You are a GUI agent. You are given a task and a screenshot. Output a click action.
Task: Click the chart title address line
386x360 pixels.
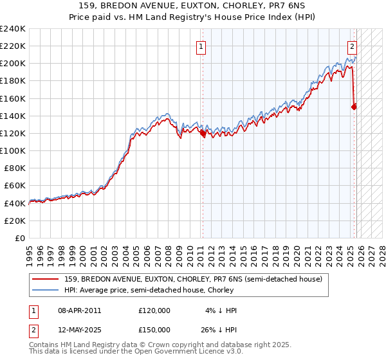[192, 5]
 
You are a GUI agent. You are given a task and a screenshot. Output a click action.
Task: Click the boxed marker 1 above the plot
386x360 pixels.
[201, 46]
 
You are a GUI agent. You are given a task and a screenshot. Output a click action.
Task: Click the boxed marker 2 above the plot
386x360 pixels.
[353, 46]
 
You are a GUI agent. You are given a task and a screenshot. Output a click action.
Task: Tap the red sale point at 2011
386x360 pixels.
[203, 134]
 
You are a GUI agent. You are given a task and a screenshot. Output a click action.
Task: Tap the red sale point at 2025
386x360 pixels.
[354, 107]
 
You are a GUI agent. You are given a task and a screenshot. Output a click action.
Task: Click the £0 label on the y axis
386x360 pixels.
[20, 238]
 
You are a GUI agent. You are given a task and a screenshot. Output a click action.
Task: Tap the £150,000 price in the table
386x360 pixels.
[154, 330]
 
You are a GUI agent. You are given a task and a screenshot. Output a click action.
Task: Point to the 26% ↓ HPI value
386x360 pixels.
[218, 330]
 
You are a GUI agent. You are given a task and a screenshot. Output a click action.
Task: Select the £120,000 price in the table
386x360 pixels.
[154, 310]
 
